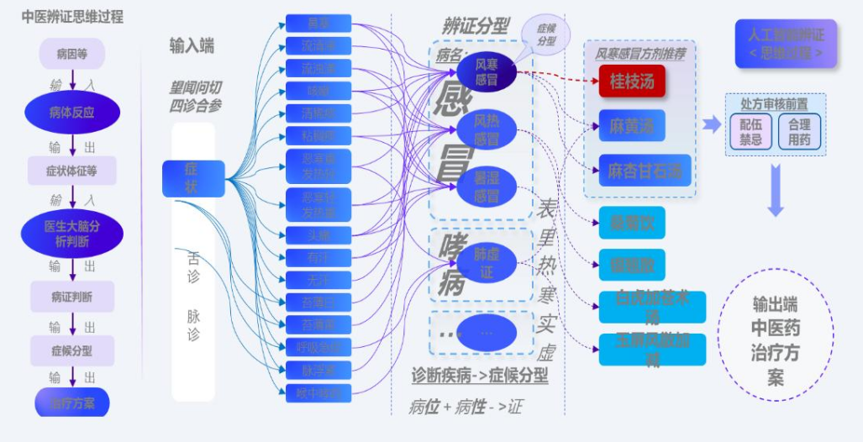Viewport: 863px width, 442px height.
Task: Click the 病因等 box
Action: pos(72,55)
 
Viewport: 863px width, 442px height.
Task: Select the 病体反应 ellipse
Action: pos(72,112)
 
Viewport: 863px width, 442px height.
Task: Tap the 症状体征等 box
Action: pos(72,171)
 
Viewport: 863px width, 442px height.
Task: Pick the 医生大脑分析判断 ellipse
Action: pos(72,234)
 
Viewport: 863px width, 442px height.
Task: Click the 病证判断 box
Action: pos(72,296)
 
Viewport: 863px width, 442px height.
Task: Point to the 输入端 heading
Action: pos(192,46)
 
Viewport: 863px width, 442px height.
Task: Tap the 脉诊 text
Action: pos(193,324)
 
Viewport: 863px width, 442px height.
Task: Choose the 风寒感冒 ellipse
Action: pos(487,71)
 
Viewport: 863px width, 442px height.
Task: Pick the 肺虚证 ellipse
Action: pos(487,262)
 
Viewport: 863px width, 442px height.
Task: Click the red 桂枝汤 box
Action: pos(632,82)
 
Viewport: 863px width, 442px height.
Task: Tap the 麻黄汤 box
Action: pos(632,126)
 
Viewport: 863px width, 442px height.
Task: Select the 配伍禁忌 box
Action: pos(751,132)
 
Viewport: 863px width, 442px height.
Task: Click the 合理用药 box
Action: pos(800,132)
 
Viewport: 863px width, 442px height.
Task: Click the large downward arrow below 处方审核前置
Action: pos(776,189)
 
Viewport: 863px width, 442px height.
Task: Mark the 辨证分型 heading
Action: pos(475,26)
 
